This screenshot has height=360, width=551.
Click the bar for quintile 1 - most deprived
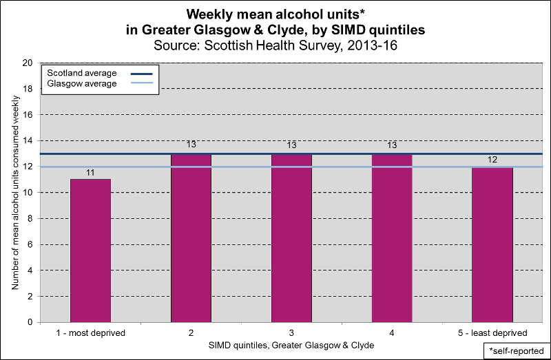90,251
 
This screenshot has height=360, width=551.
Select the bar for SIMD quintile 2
191,237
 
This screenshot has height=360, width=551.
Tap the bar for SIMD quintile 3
291,237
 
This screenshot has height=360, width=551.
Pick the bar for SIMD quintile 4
392,237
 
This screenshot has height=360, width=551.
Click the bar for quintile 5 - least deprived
492,244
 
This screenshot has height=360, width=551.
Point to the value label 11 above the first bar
90,171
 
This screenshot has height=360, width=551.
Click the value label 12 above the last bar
492,159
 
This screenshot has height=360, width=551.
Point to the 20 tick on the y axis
28,63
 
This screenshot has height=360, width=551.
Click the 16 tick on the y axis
28,114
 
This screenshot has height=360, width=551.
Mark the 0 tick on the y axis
30,322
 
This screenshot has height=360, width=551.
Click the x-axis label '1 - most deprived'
90,333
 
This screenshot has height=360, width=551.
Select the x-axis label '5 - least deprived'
492,333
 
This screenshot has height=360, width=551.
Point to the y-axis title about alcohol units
14,192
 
